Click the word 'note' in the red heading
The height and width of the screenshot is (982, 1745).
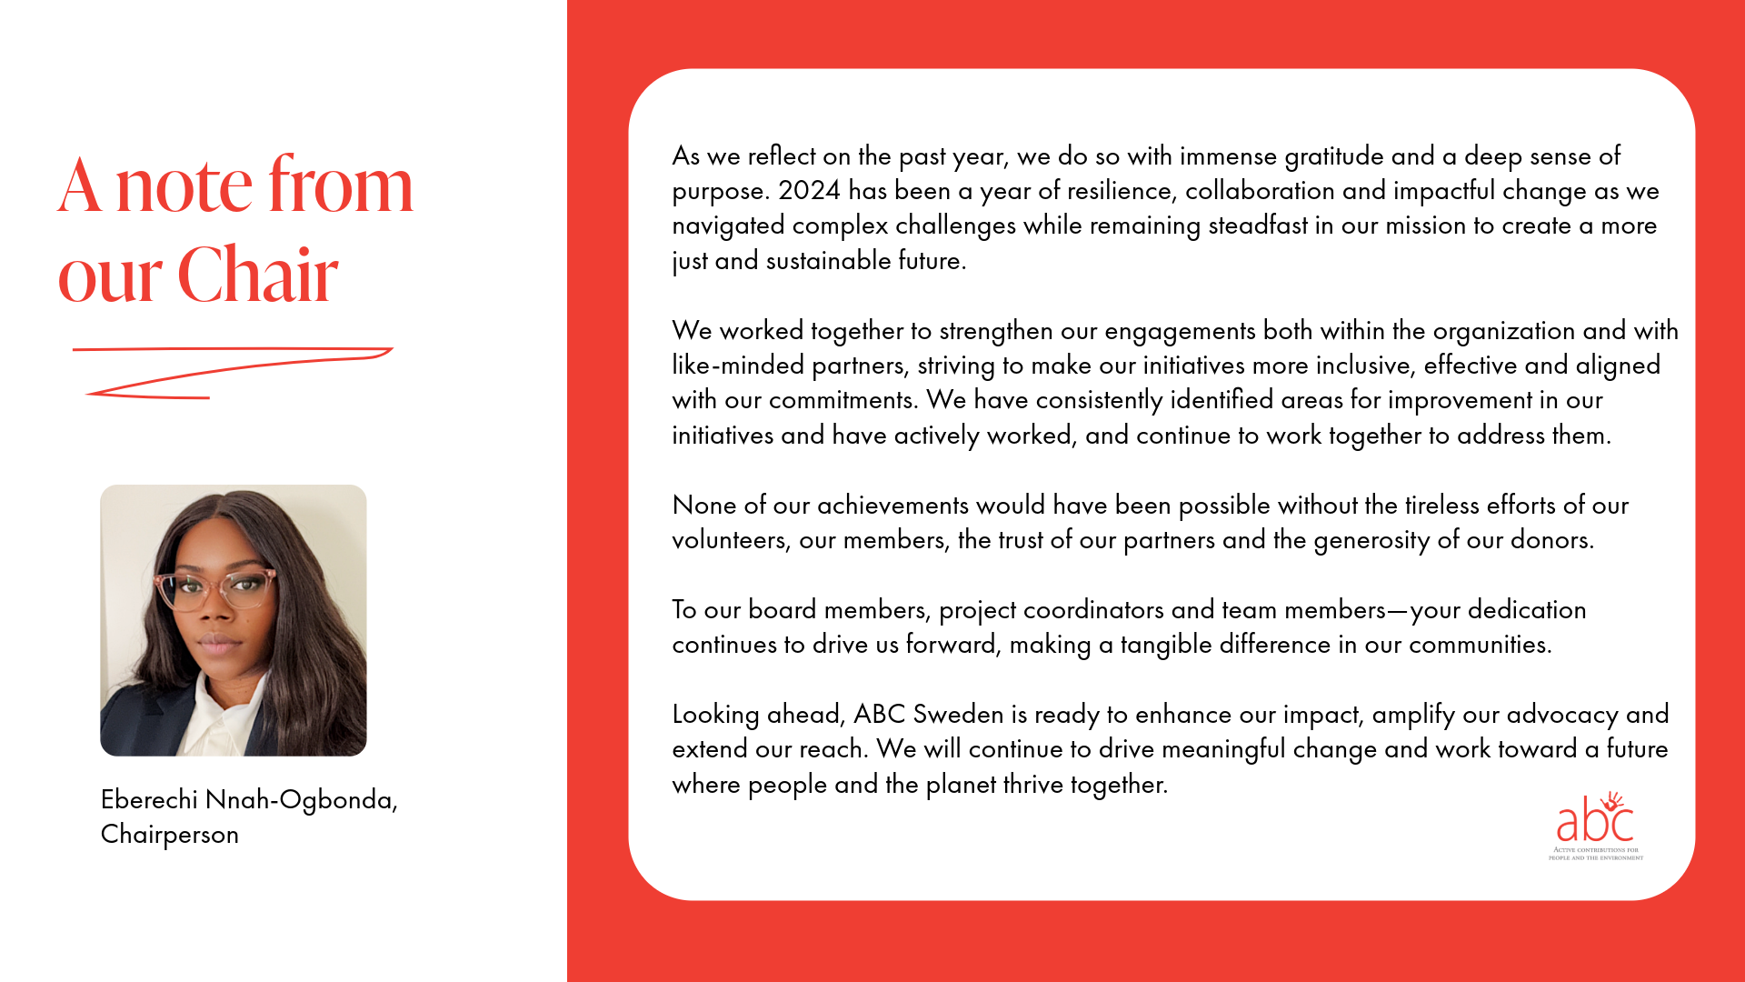[x=184, y=186]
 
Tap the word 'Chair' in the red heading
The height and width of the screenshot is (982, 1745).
[x=258, y=275]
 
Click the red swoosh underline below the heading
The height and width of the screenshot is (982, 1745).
[x=232, y=371]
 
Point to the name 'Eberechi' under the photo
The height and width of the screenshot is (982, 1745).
[x=149, y=799]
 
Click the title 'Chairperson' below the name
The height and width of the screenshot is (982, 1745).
[x=170, y=834]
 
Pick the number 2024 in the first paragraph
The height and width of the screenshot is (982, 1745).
[x=809, y=191]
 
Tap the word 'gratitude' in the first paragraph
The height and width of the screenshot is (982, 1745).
[x=1334, y=156]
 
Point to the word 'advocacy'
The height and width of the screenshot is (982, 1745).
[x=1562, y=715]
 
